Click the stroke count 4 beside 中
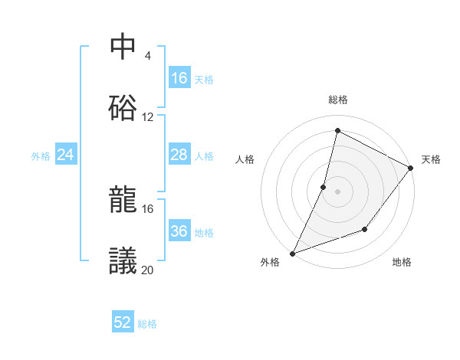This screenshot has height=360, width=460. pos(147,55)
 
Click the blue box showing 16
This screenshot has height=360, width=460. pos(179,78)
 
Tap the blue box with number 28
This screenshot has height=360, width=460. pos(179,155)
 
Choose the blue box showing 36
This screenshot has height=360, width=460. pos(179,232)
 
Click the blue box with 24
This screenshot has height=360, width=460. pos(66,155)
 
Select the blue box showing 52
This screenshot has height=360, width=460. pos(123,323)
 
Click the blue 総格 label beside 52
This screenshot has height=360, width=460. pos(147,324)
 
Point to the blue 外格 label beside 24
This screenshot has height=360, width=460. pos(41,156)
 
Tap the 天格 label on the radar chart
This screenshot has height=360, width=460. pos(431,159)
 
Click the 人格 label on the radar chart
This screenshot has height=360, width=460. pos(245,159)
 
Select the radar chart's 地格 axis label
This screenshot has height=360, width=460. pos(402,263)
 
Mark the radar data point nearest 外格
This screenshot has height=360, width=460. pos(292,253)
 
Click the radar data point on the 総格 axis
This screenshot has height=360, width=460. pos(337,130)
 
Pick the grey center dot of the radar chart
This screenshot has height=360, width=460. pos(337,191)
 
